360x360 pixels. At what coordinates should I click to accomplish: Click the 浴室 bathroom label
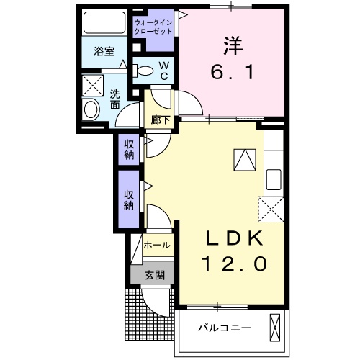coord(105,51)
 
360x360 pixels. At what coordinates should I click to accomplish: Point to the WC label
coord(163,69)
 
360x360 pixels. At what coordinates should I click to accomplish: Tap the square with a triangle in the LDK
coord(244,158)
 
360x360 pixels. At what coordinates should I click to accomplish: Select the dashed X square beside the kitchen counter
coord(271,209)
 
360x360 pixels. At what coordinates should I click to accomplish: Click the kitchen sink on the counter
coord(274,177)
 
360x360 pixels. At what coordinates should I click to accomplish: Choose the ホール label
coord(157,246)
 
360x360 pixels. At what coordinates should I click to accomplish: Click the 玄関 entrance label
coord(155,274)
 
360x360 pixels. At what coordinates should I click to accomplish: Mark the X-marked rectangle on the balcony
coord(274,328)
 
